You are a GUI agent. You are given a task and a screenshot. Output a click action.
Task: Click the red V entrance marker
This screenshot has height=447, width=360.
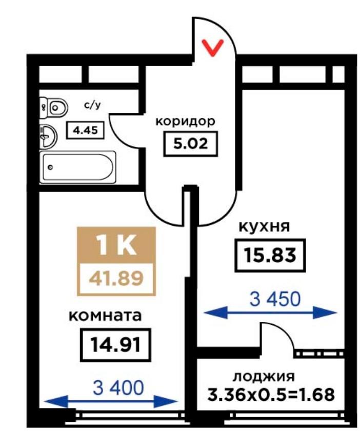(x=212, y=48)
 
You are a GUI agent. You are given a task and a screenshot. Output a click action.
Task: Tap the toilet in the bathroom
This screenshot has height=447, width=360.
(x=54, y=108)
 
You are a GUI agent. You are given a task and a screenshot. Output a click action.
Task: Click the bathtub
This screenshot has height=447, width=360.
(x=78, y=167)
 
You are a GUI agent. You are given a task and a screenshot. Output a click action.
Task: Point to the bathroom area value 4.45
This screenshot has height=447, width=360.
(x=85, y=130)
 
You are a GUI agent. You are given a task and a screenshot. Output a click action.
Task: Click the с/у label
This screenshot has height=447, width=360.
(x=92, y=105)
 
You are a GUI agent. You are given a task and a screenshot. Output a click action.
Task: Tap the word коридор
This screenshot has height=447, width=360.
(x=186, y=122)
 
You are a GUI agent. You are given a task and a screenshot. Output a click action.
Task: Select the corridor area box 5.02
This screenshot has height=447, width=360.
(x=191, y=144)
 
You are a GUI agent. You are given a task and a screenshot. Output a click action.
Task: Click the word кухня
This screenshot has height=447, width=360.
(x=264, y=227)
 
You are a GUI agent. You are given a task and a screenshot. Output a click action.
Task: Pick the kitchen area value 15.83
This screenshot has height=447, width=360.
(x=270, y=255)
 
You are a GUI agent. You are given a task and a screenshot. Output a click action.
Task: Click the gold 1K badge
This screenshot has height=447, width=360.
(x=116, y=246)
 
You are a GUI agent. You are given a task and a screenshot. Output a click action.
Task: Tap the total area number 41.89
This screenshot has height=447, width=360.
(x=116, y=279)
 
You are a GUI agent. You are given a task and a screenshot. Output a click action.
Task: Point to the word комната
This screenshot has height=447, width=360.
(x=105, y=316)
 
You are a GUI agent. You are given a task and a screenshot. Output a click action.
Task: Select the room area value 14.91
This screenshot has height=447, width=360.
(x=115, y=345)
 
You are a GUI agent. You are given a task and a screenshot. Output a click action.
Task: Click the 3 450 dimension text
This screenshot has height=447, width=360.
(x=275, y=299)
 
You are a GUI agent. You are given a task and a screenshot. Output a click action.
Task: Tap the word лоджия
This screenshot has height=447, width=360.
(x=264, y=377)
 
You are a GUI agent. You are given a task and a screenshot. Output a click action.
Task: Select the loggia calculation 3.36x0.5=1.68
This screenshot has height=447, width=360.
(x=271, y=395)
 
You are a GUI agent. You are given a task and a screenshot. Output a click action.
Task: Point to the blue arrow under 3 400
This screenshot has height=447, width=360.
(x=111, y=402)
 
